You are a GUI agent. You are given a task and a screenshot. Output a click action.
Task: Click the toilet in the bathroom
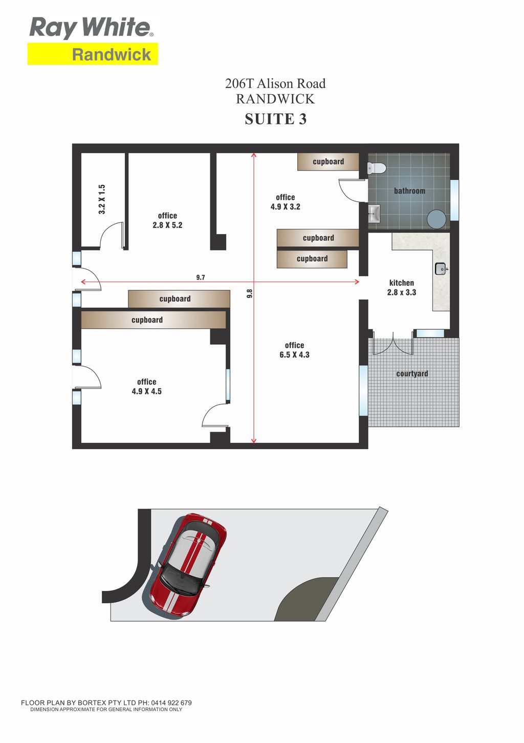tap(377, 168)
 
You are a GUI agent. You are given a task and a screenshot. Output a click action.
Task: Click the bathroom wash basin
tap(374, 214)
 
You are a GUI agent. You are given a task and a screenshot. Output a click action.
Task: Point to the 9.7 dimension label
tap(200, 278)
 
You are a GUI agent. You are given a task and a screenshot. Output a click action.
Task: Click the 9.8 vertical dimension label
tap(250, 293)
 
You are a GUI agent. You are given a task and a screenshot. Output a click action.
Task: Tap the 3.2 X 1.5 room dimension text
tap(102, 199)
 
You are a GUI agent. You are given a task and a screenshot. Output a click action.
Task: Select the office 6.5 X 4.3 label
tap(294, 350)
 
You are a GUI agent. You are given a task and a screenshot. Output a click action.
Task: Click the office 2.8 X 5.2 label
tap(167, 220)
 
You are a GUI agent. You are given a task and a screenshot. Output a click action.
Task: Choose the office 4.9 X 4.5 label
tap(146, 387)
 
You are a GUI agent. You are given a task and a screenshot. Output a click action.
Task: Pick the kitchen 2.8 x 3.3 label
tap(401, 288)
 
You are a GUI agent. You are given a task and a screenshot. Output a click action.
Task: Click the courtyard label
tap(412, 374)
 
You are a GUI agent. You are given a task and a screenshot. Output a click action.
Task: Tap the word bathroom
tap(409, 190)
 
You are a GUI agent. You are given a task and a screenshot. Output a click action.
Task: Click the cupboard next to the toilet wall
tap(328, 161)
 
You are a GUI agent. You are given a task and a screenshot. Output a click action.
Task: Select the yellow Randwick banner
tap(93, 54)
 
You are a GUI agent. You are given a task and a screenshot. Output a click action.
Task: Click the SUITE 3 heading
tap(275, 119)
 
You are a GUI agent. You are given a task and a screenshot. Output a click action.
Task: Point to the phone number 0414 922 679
tap(171, 703)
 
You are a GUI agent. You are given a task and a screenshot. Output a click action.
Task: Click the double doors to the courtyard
tap(393, 342)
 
